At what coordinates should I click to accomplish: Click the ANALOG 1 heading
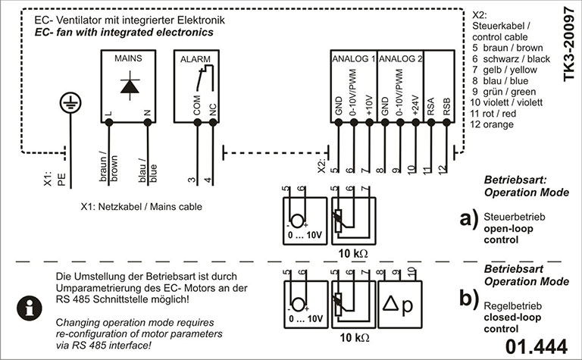click(x=353, y=58)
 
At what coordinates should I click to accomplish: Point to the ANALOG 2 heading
click(x=400, y=58)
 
